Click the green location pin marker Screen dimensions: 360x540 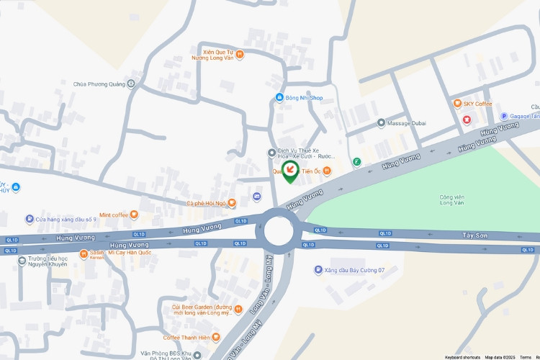tap(289, 171)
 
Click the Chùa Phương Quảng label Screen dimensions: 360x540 tap(99, 84)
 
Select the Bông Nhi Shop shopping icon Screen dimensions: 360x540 tap(279, 98)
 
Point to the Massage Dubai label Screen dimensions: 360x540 tap(407, 123)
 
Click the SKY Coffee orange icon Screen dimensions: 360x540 tap(457, 104)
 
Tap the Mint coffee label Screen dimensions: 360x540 tap(114, 215)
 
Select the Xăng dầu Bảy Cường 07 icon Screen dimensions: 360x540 tap(318, 270)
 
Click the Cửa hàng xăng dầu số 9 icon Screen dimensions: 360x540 tap(30, 219)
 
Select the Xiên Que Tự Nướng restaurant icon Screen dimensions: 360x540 tap(240, 54)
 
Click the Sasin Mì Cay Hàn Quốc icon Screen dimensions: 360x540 tap(84, 253)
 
